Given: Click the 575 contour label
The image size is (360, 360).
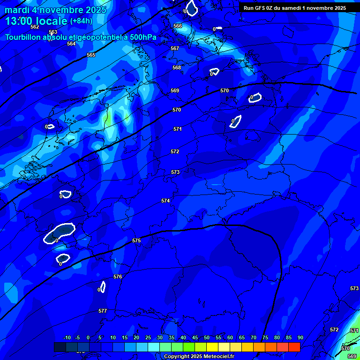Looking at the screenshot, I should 136,240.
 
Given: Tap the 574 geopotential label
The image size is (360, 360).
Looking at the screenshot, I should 165,201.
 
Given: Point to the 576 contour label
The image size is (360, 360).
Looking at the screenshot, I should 118,277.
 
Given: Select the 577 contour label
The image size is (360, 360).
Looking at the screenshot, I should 103,311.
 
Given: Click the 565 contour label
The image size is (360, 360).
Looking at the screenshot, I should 91,55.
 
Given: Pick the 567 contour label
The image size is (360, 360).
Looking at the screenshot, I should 175,48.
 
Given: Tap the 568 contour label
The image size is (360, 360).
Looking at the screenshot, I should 177,67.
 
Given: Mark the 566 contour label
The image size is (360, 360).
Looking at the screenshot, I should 178,26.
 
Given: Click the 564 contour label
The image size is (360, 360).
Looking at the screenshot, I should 71,44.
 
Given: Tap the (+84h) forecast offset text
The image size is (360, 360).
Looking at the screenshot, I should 81,21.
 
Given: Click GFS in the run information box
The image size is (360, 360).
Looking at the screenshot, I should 260,8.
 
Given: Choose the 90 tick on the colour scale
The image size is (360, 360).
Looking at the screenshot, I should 300,337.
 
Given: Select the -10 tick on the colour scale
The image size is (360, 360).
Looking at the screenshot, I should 67,337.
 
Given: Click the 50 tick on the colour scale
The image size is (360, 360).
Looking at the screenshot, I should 207,337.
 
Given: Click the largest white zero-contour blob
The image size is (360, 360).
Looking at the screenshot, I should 60,232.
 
